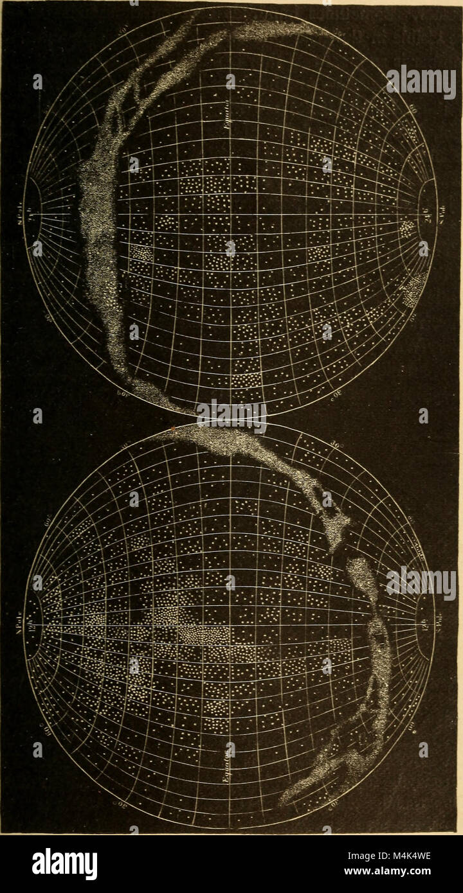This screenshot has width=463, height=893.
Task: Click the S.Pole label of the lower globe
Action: point(444,624)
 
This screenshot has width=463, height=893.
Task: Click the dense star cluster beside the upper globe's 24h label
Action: point(407,229)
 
